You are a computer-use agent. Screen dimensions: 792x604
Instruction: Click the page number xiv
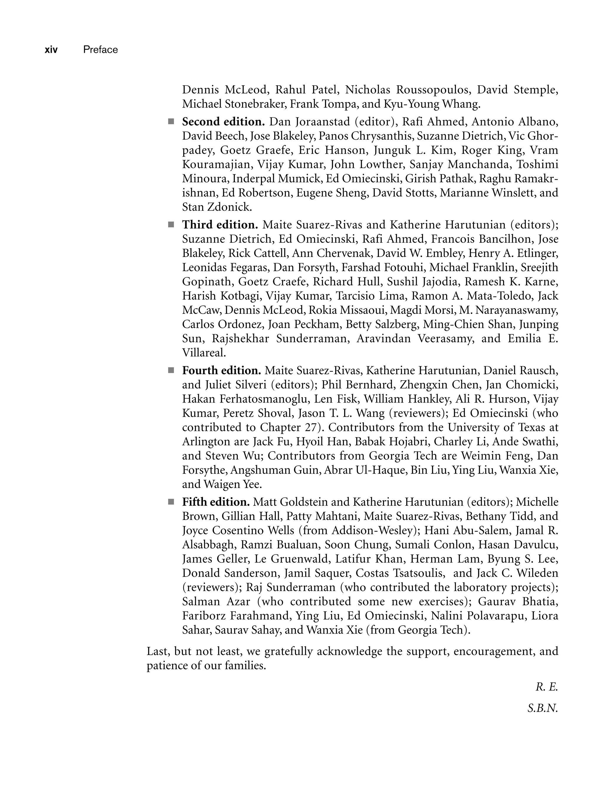click(51, 50)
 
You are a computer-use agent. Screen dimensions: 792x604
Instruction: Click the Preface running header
click(100, 50)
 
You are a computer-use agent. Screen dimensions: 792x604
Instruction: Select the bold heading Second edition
click(223, 122)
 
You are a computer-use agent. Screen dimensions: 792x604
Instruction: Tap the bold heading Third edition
click(220, 225)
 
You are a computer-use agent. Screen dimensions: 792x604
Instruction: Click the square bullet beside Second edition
click(171, 122)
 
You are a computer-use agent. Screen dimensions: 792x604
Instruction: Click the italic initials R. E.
click(546, 687)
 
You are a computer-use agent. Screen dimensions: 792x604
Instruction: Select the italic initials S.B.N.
click(543, 708)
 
